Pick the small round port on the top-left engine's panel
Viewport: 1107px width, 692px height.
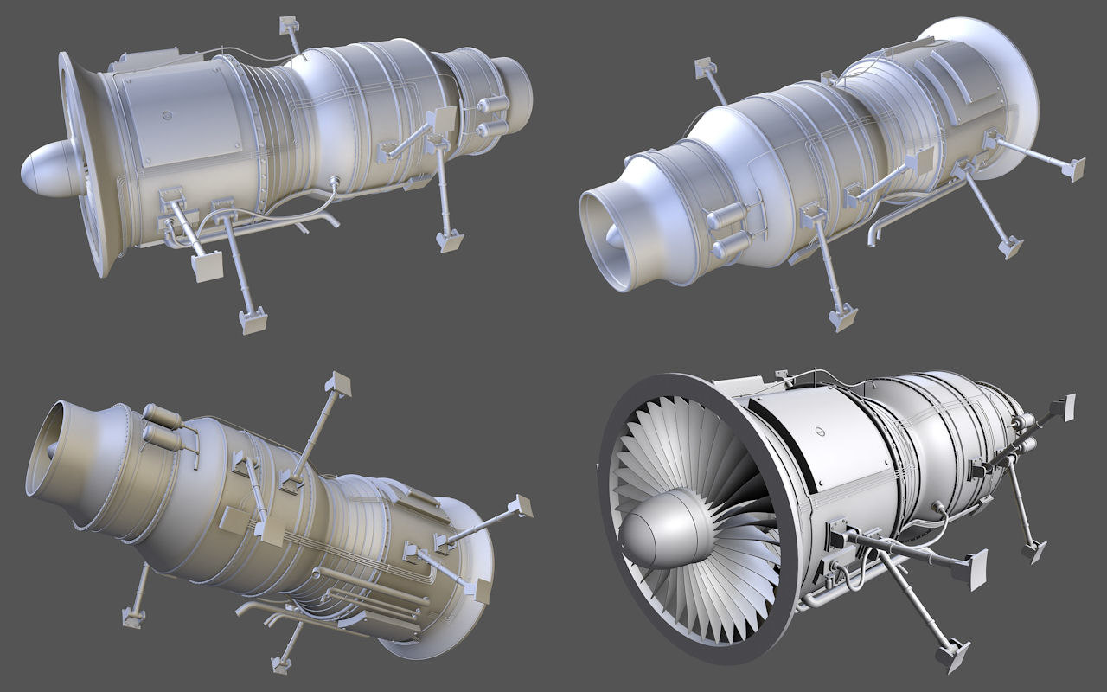[168, 113]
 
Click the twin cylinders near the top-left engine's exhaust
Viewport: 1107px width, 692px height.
[491, 116]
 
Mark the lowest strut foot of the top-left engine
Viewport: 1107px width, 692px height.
[253, 321]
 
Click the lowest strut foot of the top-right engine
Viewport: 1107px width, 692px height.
[840, 317]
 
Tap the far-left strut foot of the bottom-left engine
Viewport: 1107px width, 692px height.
[131, 616]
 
